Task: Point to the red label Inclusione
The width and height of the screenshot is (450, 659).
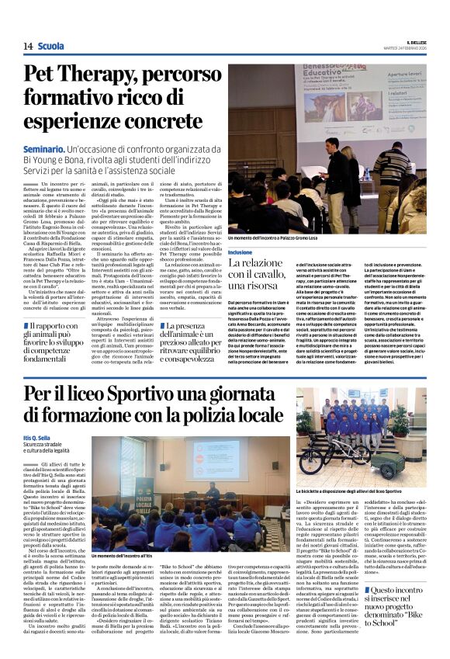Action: pos(241,253)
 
